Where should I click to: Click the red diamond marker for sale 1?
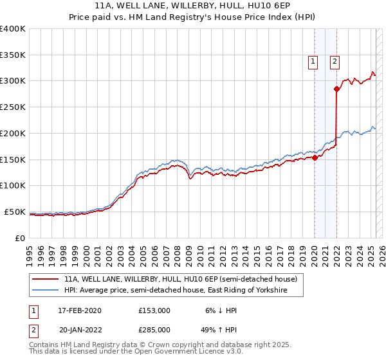(315, 157)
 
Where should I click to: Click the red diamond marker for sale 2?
(336, 89)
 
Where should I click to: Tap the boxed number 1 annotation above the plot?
(313, 62)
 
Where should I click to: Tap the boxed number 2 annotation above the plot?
(335, 62)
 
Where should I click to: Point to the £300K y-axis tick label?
(13, 81)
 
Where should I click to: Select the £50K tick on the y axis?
(15, 212)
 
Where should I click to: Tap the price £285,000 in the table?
(154, 329)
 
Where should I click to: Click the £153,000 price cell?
(154, 310)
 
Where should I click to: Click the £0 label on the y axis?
(21, 238)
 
